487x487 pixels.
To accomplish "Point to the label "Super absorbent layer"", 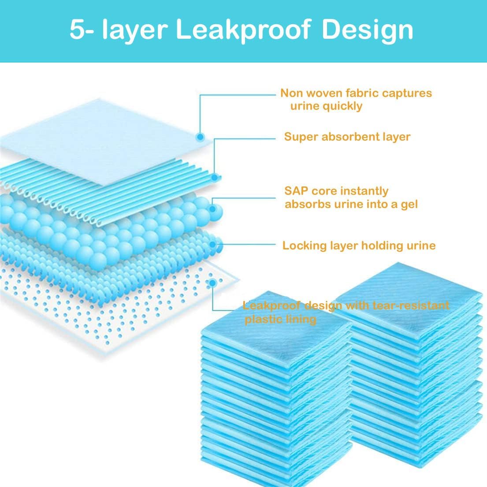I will tap(347, 137).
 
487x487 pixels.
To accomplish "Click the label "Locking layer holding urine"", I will tap(359, 245).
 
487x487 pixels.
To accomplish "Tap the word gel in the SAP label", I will tap(409, 204).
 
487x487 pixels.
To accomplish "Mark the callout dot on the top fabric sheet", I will tap(200, 137).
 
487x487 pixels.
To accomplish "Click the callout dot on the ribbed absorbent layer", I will tap(215, 178).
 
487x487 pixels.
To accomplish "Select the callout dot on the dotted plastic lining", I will tap(213, 283).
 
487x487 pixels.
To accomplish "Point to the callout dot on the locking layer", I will tap(215, 245).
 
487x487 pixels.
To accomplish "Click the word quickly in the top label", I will tap(343, 106).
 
